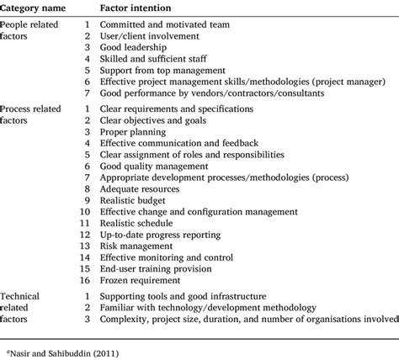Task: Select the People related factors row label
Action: coord(31,32)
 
